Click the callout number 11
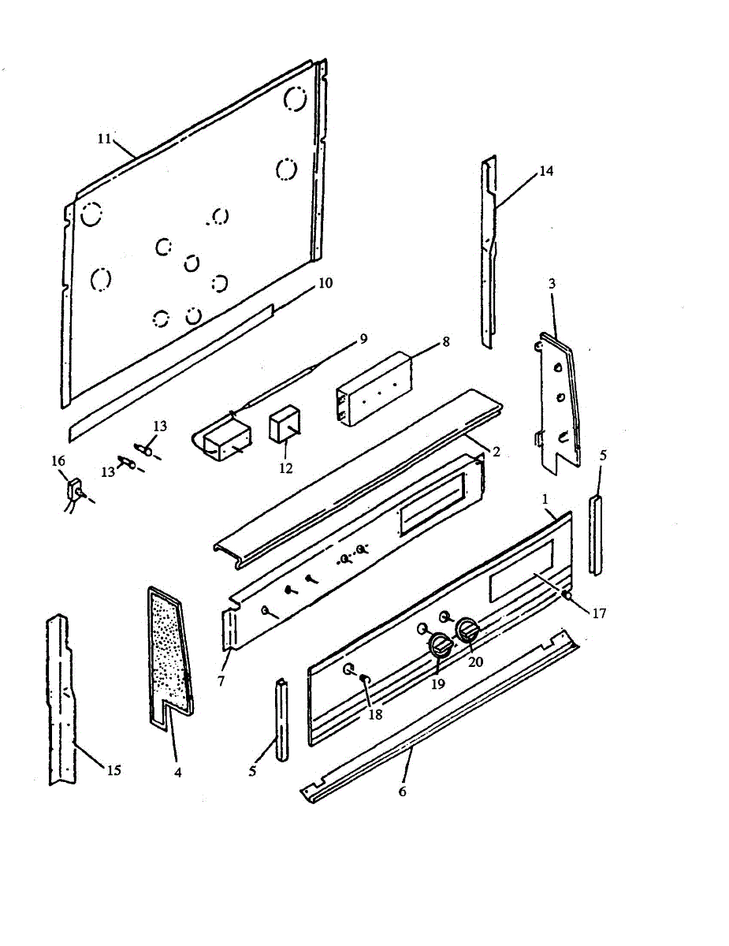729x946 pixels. coord(104,139)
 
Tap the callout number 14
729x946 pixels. coord(546,171)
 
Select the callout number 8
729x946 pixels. coord(445,341)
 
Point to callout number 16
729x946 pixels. coord(59,460)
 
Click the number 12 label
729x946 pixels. coord(285,468)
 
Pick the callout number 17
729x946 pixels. coord(600,613)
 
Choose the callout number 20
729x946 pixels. coord(475,662)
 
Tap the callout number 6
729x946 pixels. coord(402,791)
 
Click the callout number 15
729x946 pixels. coord(114,770)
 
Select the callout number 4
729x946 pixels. coord(178,773)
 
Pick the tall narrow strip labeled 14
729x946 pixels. coord(489,252)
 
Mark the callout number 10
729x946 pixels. coord(325,281)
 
